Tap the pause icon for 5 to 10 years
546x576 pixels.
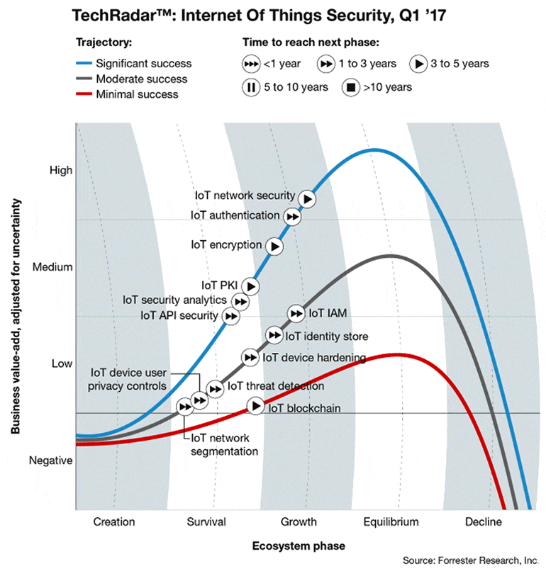(x=251, y=88)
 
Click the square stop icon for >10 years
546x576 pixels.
(x=350, y=88)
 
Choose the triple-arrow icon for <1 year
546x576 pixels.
(x=251, y=64)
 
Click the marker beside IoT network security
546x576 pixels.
(x=307, y=199)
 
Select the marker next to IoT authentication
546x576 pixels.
(x=291, y=216)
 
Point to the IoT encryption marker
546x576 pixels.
(x=274, y=246)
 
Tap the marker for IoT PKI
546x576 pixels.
(x=250, y=286)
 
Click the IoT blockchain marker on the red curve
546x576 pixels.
(x=255, y=407)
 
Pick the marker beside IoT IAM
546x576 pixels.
(x=296, y=313)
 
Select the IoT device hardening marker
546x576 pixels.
(x=250, y=357)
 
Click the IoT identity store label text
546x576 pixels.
(x=326, y=336)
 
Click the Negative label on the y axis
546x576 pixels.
(x=50, y=461)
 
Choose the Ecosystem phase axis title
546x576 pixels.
(x=299, y=546)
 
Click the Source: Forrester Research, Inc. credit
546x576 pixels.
(x=470, y=560)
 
